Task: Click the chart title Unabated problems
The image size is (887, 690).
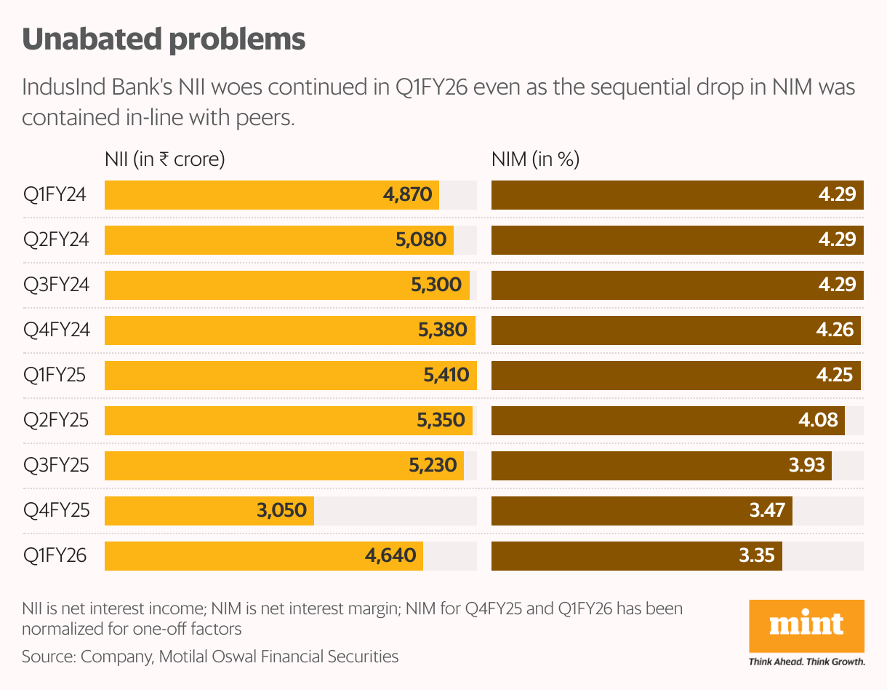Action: click(x=164, y=39)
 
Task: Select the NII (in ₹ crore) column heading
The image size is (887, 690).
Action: click(x=165, y=159)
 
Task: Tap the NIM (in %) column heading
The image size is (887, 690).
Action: click(x=535, y=159)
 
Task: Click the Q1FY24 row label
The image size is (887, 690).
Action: click(x=55, y=195)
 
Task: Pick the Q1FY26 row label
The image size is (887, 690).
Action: click(x=55, y=556)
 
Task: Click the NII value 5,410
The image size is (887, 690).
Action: click(x=446, y=375)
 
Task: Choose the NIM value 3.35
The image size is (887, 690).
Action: click(x=758, y=555)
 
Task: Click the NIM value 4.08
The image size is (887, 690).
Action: click(x=817, y=420)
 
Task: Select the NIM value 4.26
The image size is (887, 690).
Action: click(x=836, y=330)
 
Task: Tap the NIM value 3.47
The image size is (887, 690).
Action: click(x=766, y=510)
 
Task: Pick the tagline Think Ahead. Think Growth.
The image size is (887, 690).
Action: click(x=806, y=662)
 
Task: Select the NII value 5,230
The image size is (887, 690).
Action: click(x=433, y=465)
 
